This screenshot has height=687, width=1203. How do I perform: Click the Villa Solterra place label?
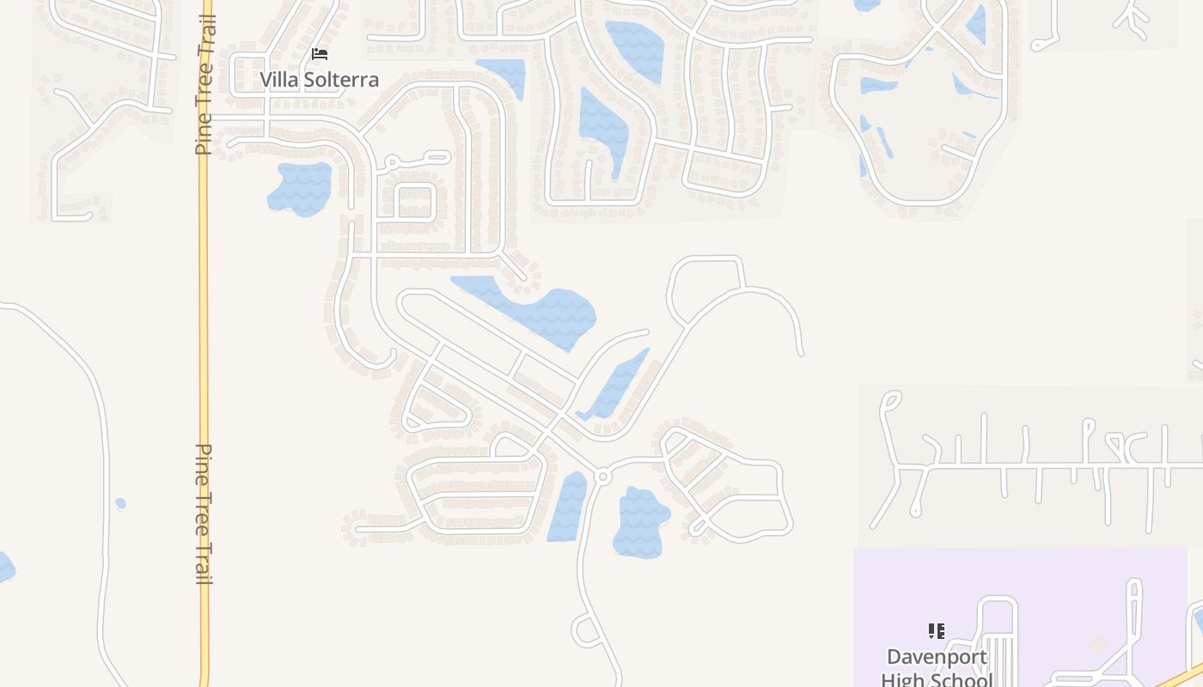[320, 80]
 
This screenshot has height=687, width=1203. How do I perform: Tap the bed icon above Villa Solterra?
[320, 55]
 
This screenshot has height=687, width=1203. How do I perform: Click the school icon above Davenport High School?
[937, 632]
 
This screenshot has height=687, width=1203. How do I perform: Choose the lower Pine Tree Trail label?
[205, 514]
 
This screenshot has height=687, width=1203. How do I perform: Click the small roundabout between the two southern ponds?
[602, 476]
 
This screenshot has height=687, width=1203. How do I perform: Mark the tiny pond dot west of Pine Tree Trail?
[120, 503]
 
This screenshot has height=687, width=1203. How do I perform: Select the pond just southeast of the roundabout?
[640, 522]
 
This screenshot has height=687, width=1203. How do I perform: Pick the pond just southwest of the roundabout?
[567, 507]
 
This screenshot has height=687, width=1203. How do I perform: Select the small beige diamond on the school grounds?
[1097, 644]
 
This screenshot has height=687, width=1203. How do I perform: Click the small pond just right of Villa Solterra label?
[503, 74]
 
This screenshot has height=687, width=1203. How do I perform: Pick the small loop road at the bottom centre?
[587, 631]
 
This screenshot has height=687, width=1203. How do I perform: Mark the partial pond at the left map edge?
[4, 568]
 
